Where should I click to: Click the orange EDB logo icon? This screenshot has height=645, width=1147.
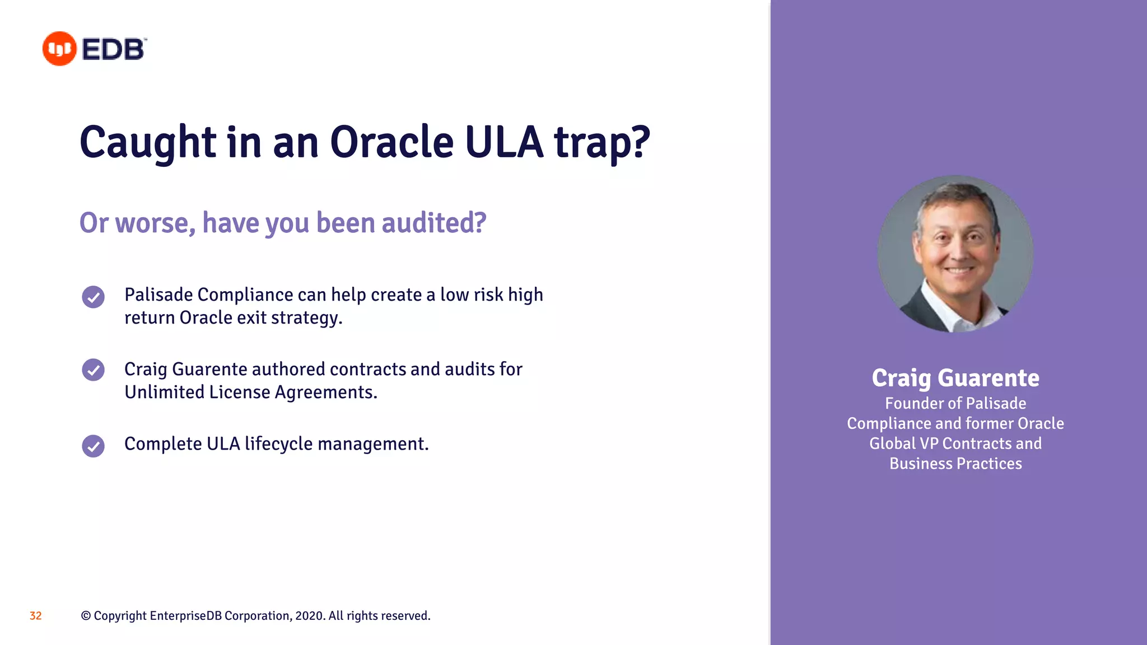click(x=59, y=49)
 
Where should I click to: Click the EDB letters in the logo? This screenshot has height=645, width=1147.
click(x=113, y=49)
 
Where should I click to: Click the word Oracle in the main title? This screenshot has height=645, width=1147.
click(x=391, y=142)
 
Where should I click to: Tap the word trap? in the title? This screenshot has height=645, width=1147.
click(x=602, y=143)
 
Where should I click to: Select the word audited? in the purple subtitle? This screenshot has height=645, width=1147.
click(x=434, y=223)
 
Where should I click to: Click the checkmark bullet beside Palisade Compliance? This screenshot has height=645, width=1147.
click(x=93, y=297)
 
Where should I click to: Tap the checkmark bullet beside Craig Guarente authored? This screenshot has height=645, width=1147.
click(x=93, y=370)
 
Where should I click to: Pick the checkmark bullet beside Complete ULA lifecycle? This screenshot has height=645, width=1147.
click(x=93, y=446)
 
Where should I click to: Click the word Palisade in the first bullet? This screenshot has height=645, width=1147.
click(x=158, y=295)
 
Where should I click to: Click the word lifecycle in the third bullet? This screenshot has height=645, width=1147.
click(x=278, y=444)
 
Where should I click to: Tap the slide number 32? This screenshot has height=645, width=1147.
click(x=35, y=616)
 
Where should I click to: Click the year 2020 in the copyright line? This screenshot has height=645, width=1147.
click(x=309, y=616)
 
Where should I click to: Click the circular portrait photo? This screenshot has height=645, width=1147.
click(x=955, y=254)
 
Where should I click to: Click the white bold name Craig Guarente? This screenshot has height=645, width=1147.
click(x=955, y=378)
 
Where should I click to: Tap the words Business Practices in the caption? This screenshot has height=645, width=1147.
click(x=955, y=464)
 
